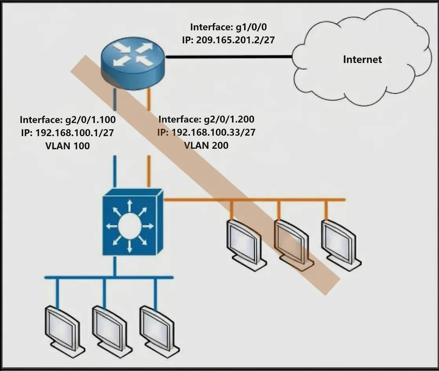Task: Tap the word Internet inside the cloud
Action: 362,59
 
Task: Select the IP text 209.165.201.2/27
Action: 235,40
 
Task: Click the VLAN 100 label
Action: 68,145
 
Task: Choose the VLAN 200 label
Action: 206,145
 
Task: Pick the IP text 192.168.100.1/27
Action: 75,132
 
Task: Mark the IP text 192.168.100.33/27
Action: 213,132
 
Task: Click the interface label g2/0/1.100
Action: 90,119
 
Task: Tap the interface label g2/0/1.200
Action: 229,119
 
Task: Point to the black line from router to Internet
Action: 229,57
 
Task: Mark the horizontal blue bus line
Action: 109,277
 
